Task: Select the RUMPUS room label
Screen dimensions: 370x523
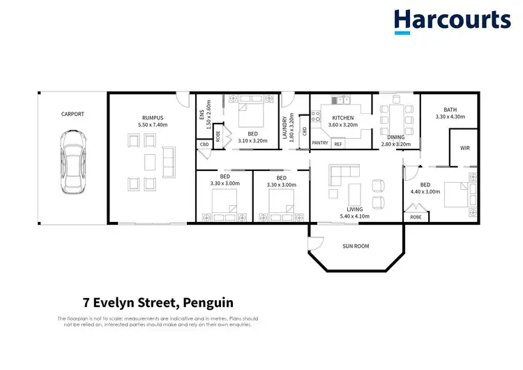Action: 152,117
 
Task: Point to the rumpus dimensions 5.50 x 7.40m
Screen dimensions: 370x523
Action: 152,125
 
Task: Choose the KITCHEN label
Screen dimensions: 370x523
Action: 342,118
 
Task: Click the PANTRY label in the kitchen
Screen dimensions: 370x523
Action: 319,143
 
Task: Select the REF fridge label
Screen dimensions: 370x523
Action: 338,143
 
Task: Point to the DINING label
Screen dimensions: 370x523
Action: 395,137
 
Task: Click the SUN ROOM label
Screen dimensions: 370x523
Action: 356,246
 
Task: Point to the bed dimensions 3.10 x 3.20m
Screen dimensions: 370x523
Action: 252,140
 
